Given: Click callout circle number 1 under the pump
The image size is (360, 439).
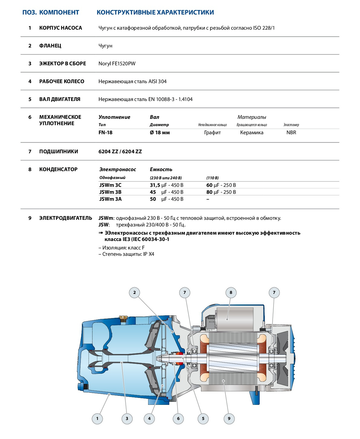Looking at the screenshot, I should pos(97,419).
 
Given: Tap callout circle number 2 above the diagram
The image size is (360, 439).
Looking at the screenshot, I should pos(135,292).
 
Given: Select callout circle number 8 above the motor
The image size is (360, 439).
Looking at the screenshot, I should pos(231,292).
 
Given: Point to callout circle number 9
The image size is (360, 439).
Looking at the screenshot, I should pos(229,419).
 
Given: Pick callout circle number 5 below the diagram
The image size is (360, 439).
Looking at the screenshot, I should pos(203,419).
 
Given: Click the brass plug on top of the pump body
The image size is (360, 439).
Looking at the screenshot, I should pos(123,318).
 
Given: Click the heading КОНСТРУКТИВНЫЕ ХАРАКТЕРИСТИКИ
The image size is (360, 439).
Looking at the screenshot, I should pos(155,12).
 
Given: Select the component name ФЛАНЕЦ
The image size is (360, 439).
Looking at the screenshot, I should pos(50,46).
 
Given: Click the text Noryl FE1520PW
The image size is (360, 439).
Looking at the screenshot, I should pos(117,63).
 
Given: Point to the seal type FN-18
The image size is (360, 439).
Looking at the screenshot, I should pos(105,132).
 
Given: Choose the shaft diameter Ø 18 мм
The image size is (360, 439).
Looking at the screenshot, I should pos(160,132).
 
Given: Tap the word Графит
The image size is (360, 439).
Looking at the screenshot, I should pos(212,132).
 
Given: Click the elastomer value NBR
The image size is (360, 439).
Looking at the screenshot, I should pos(291,132).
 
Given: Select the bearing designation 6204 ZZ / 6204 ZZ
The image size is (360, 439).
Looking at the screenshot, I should pos(120,151).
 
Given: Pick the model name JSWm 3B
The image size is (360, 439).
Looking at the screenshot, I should pos(110,192).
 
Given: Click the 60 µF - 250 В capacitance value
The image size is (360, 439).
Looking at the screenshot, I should pos(221,185).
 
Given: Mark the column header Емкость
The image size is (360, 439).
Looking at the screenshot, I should pos(161,169).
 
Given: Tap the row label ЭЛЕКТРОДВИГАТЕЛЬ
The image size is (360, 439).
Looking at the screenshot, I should pos(66,218).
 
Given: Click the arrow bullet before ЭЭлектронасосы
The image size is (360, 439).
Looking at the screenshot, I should pos(101,233).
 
